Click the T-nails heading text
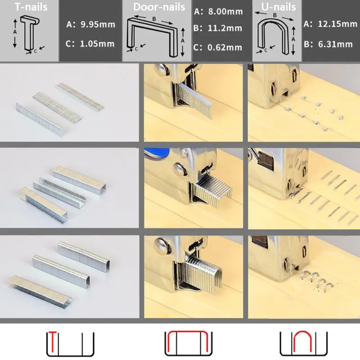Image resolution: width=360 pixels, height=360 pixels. [x=31, y=7]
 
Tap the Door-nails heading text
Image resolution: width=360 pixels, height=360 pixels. [x=159, y=7]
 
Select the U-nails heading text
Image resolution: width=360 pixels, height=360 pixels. [x=279, y=7]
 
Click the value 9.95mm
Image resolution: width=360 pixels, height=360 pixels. [x=98, y=24]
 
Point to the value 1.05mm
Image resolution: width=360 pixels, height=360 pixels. [x=97, y=44]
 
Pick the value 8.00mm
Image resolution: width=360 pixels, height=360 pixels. [x=225, y=12]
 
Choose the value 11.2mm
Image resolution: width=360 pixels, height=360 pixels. [x=225, y=28]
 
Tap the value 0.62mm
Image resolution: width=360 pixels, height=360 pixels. [x=225, y=48]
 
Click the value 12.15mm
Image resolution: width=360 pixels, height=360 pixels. [x=337, y=24]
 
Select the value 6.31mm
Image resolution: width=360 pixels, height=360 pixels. [x=335, y=44]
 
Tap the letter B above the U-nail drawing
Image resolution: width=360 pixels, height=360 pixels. [x=274, y=15]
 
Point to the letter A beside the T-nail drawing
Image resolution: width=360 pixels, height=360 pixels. [x=15, y=32]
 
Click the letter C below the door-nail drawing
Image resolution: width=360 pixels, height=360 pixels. [x=136, y=49]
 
